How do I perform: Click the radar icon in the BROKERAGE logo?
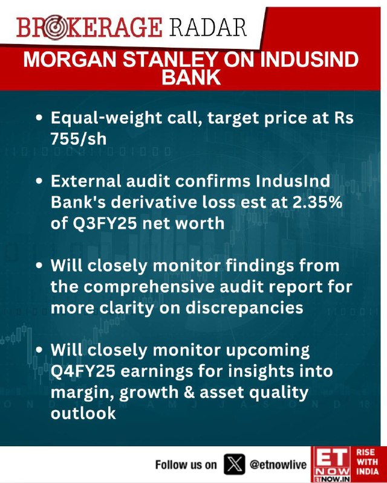tap(54, 28)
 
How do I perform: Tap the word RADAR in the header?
tap(208, 27)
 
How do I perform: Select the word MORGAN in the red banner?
tap(71, 59)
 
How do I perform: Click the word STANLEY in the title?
tap(171, 59)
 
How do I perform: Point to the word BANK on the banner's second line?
tap(191, 77)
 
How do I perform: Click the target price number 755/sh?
tap(79, 139)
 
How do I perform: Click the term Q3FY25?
tap(94, 223)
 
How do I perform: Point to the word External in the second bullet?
tap(85, 181)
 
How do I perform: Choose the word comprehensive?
tap(149, 288)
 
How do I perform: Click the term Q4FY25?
tap(83, 371)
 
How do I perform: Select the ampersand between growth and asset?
tap(188, 392)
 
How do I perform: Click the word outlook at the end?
tap(83, 413)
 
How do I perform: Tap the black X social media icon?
tap(234, 464)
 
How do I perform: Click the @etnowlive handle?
tap(278, 464)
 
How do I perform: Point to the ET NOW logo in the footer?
tap(331, 464)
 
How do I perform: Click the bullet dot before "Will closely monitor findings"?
tap(39, 266)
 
